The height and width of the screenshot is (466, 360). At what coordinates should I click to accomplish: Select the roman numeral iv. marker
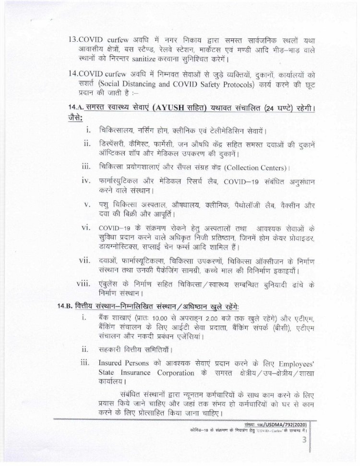pyautogui.click(x=87, y=181)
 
